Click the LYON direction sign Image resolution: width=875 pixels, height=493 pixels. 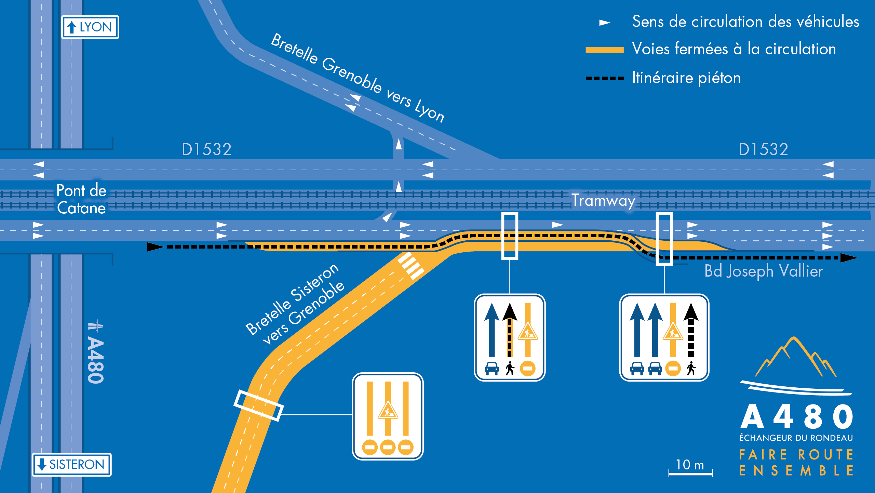point(90,27)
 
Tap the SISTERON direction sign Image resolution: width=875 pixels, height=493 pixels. point(72,464)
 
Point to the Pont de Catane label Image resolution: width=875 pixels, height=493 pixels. point(81,199)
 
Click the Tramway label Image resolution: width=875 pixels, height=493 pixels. point(604,201)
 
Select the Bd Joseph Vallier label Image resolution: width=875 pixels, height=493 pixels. point(764,271)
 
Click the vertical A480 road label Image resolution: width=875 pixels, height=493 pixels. point(95,352)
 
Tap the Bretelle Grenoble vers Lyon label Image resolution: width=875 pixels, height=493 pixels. point(358,78)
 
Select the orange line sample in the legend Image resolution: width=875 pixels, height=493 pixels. point(604,50)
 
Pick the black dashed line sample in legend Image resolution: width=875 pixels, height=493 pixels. point(604,78)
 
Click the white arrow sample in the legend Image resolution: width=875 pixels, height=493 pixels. point(605,23)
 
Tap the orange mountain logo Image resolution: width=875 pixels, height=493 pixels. point(796,357)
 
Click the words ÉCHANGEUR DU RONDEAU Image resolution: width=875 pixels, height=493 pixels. point(796,438)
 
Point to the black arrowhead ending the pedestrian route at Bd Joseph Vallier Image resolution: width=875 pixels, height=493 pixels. point(848,258)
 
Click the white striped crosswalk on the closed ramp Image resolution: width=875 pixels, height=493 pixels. point(411,266)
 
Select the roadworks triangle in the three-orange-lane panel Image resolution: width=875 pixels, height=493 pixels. point(388,410)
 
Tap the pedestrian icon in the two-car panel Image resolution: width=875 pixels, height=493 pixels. point(691,368)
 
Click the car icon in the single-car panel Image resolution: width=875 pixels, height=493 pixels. point(492,369)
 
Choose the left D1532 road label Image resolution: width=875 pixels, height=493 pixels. point(206,149)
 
